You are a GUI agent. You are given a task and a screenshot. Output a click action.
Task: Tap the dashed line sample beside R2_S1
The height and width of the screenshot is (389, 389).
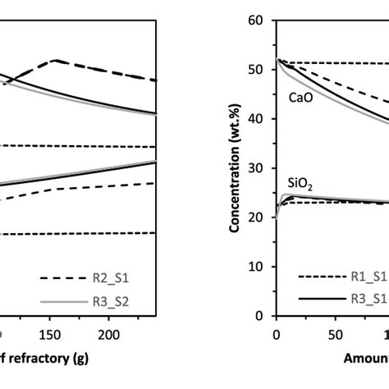pyautogui.click(x=53, y=277)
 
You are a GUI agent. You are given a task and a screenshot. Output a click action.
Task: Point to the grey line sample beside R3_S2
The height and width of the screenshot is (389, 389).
pyautogui.click(x=53, y=301)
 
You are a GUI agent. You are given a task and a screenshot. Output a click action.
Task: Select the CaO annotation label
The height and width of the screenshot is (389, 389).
pyautogui.click(x=298, y=97)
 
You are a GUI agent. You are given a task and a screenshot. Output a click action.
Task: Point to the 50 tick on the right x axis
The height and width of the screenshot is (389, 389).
pyautogui.click(x=334, y=335)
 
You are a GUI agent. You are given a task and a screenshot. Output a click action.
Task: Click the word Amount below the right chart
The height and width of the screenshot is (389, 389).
pyautogui.click(x=366, y=358)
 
